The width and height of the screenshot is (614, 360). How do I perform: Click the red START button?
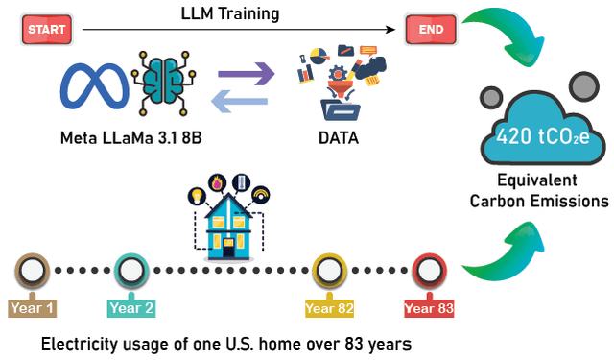(46, 30)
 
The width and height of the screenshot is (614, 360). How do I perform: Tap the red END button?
(431, 30)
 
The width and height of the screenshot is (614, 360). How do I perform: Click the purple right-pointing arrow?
(246, 72)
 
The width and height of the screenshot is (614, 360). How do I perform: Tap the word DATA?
(339, 138)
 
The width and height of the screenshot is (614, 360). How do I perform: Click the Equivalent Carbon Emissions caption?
(538, 191)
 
